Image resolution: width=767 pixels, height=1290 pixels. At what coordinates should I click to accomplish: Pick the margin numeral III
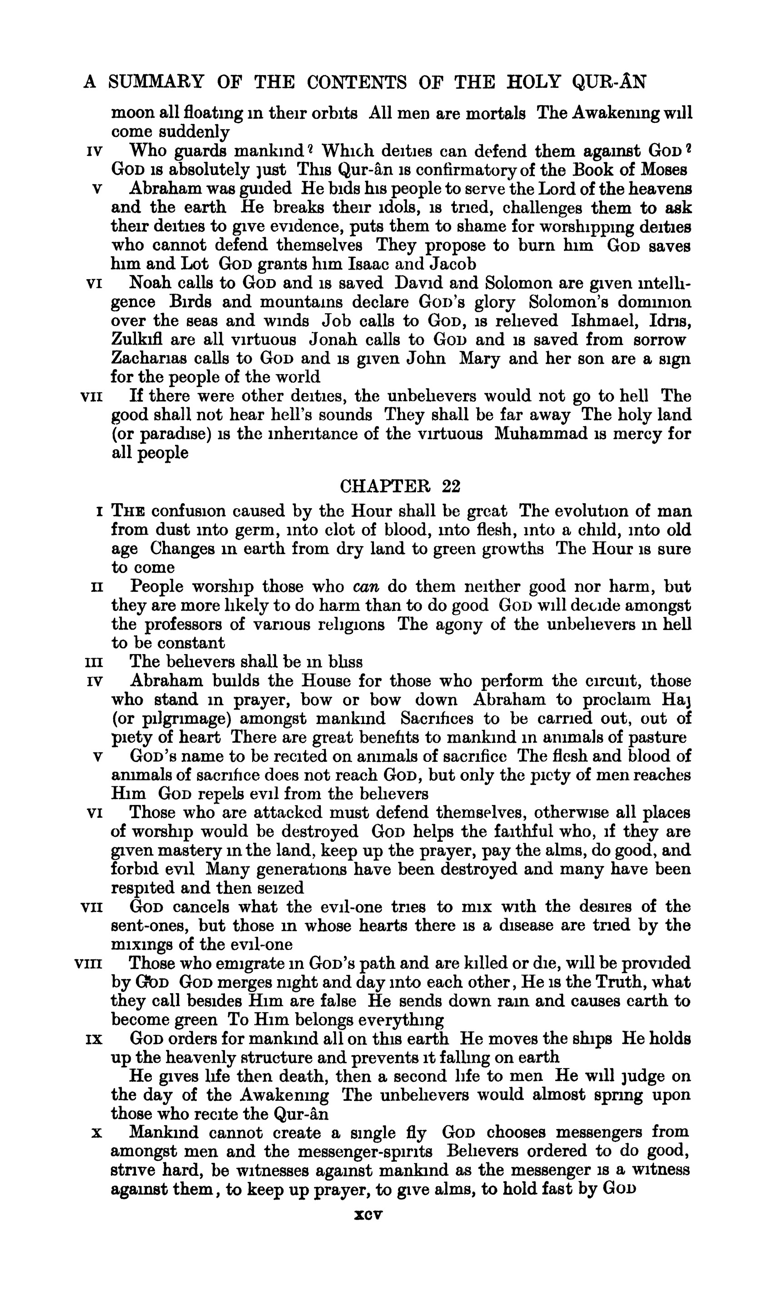pos(93,662)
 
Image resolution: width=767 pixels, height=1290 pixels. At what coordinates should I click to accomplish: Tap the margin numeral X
pos(95,1133)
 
